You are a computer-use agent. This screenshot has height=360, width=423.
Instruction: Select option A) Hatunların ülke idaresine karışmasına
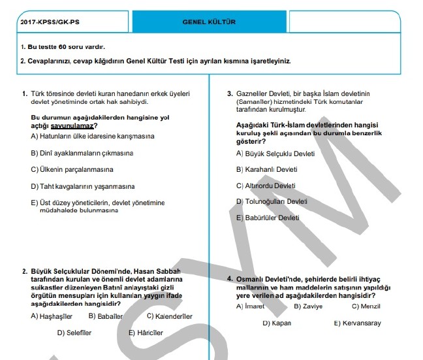(92, 136)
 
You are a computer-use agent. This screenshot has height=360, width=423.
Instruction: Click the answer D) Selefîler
(74, 333)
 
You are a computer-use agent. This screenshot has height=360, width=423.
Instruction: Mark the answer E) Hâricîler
(146, 333)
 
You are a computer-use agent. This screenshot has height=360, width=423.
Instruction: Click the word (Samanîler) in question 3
(255, 102)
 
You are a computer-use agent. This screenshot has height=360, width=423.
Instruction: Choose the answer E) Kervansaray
(357, 323)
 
